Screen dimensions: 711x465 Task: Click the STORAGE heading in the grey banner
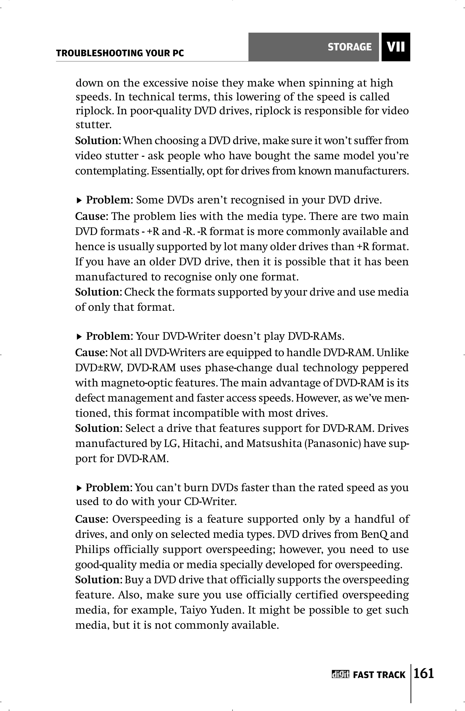pos(349,47)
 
